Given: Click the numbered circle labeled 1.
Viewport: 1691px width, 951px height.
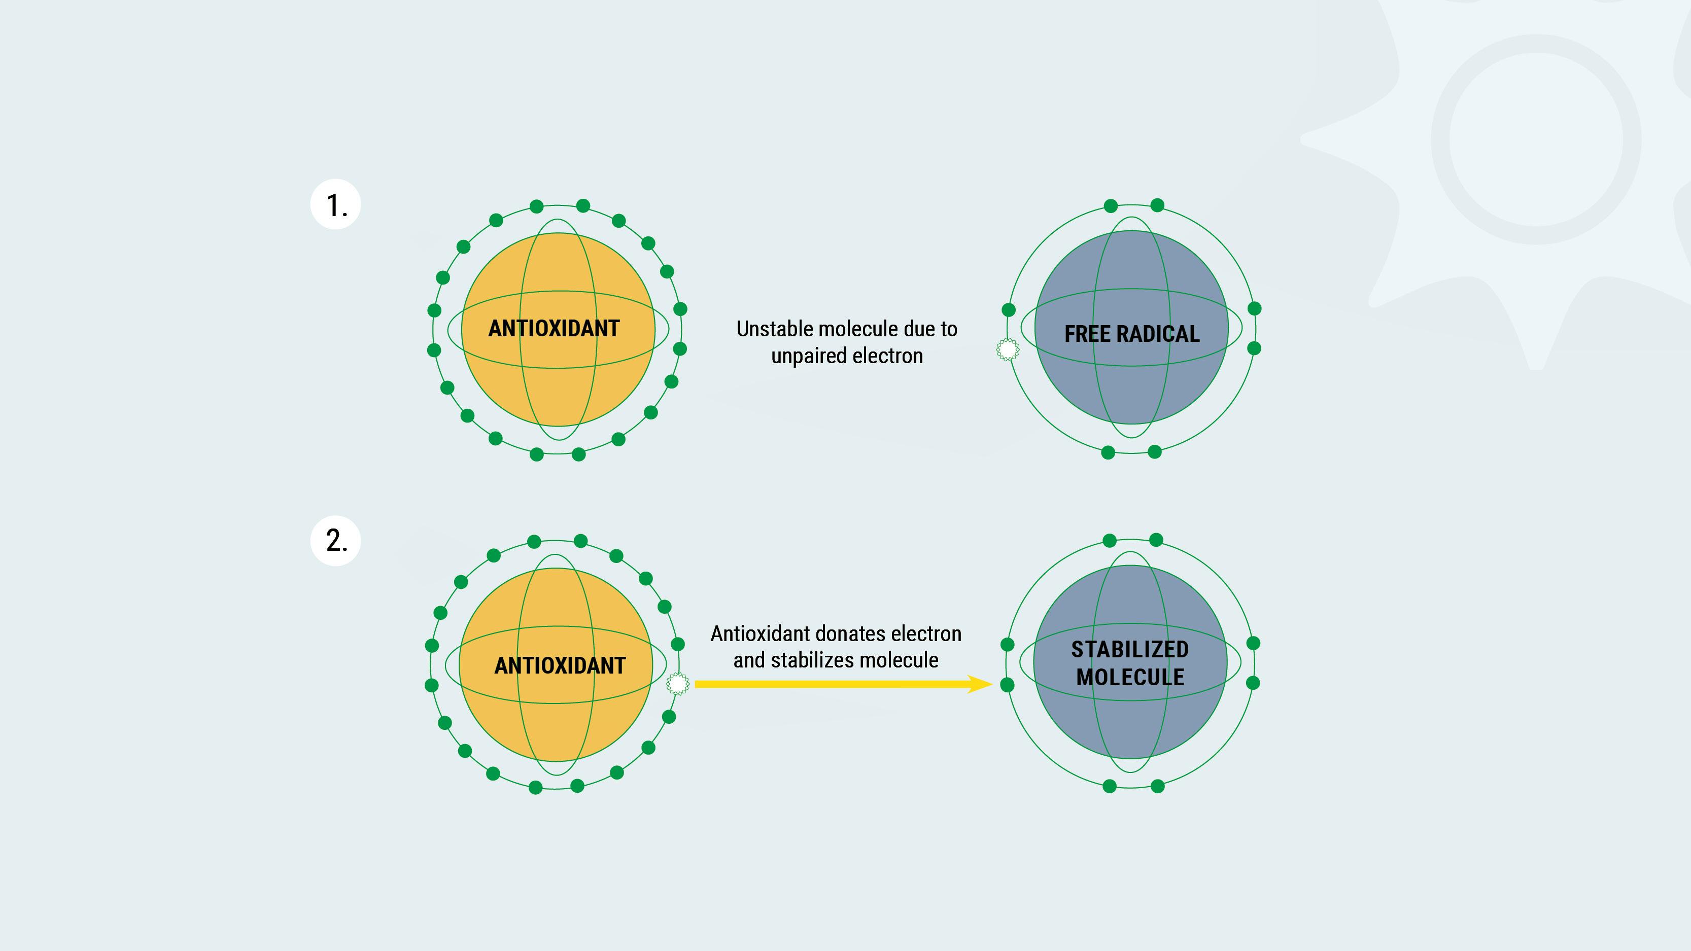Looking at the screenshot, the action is (335, 204).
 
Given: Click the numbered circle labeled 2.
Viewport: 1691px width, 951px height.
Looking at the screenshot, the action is (335, 540).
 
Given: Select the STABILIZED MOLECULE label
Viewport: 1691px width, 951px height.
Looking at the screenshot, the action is (1130, 663).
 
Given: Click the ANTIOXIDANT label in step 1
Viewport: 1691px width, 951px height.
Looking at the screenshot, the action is (554, 328).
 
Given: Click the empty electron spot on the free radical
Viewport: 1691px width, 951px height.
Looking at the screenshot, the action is (1008, 349).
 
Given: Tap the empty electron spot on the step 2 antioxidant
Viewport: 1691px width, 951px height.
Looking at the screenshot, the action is (677, 684).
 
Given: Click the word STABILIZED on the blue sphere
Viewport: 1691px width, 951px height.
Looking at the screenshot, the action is (1130, 650).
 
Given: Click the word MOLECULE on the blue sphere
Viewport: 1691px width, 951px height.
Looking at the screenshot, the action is (1130, 677).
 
